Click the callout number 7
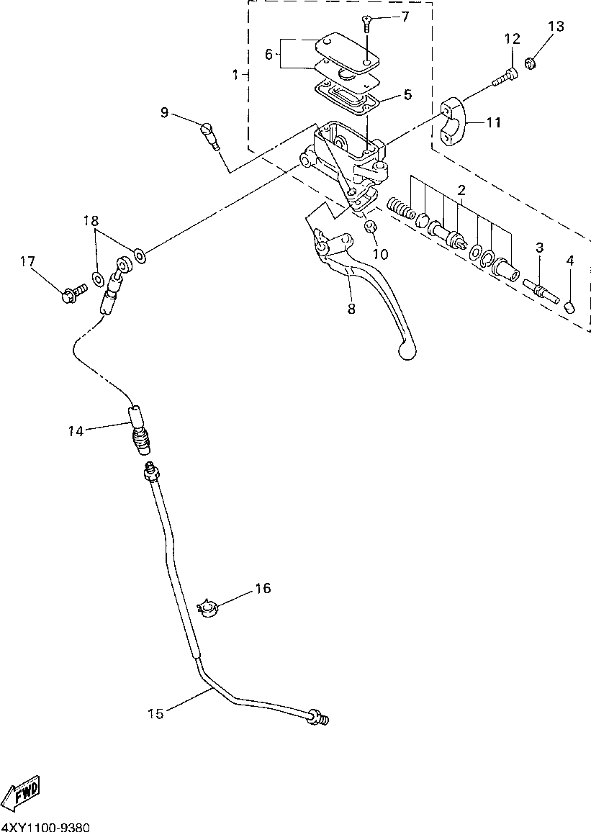pyautogui.click(x=405, y=16)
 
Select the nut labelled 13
pyautogui.click(x=529, y=65)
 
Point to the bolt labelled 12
pyautogui.click(x=504, y=77)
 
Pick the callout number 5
pyautogui.click(x=407, y=94)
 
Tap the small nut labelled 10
pyautogui.click(x=371, y=227)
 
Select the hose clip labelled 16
pyautogui.click(x=209, y=609)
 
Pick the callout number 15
pyautogui.click(x=156, y=713)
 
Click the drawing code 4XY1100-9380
pyautogui.click(x=45, y=827)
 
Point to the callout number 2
pyautogui.click(x=461, y=190)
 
